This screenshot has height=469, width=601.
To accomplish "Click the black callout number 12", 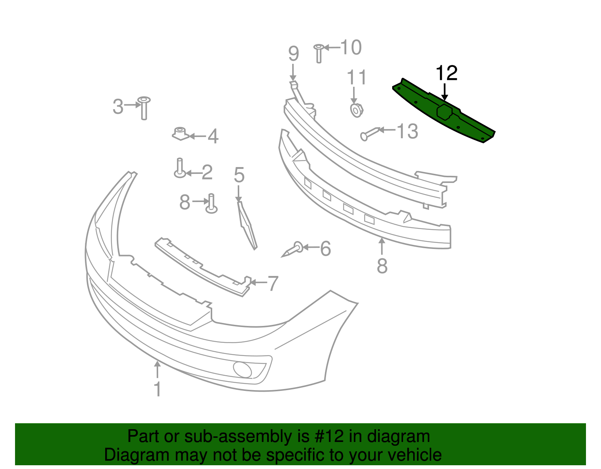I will coord(446,73).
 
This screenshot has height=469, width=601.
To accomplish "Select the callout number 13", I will coord(408,131).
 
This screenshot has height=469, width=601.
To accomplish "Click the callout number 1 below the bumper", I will coord(158,389).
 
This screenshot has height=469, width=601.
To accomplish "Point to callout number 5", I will coord(239,175).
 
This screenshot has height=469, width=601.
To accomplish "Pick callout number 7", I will coord(273,283).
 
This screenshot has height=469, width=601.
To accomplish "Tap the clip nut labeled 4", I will coord(180,133).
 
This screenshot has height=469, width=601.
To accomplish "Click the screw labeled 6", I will coord(293,249).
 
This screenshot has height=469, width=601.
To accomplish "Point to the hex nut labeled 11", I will coord(356,110).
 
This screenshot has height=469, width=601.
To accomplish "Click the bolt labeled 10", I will coord(319,53).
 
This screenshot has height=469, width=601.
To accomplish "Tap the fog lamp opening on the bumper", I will coord(242,369).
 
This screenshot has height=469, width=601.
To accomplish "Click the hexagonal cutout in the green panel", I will coord(445,112).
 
